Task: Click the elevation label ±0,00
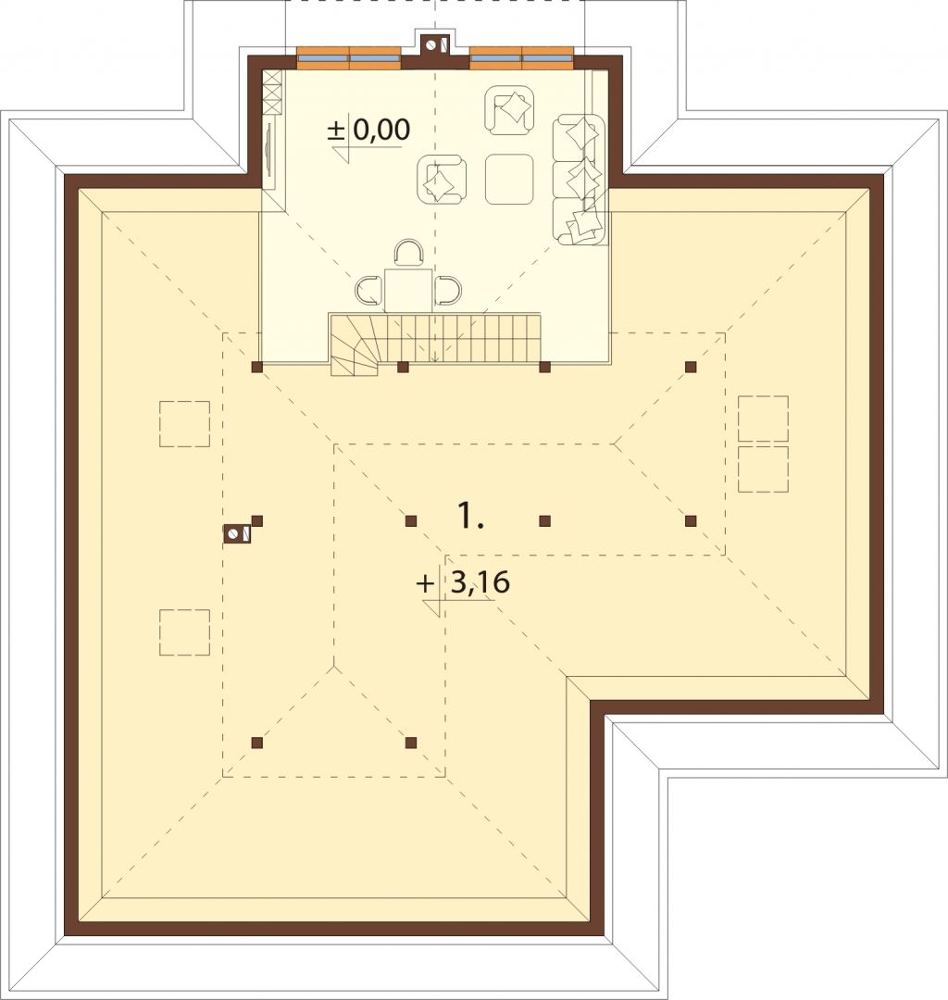[368, 131]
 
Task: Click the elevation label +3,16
[463, 582]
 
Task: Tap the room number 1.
[470, 516]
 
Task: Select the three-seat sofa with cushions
[579, 180]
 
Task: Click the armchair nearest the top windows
[509, 110]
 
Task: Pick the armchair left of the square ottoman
[442, 181]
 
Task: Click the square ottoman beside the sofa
[509, 180]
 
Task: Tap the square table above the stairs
[408, 291]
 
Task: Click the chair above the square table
[408, 253]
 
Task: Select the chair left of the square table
[368, 291]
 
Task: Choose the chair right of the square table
[448, 291]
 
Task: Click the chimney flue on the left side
[236, 534]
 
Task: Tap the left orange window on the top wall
[349, 58]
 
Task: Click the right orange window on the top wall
[521, 58]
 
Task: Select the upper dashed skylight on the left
[184, 423]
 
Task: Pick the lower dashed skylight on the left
[184, 632]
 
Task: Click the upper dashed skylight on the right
[763, 419]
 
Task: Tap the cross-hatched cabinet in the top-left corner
[272, 93]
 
